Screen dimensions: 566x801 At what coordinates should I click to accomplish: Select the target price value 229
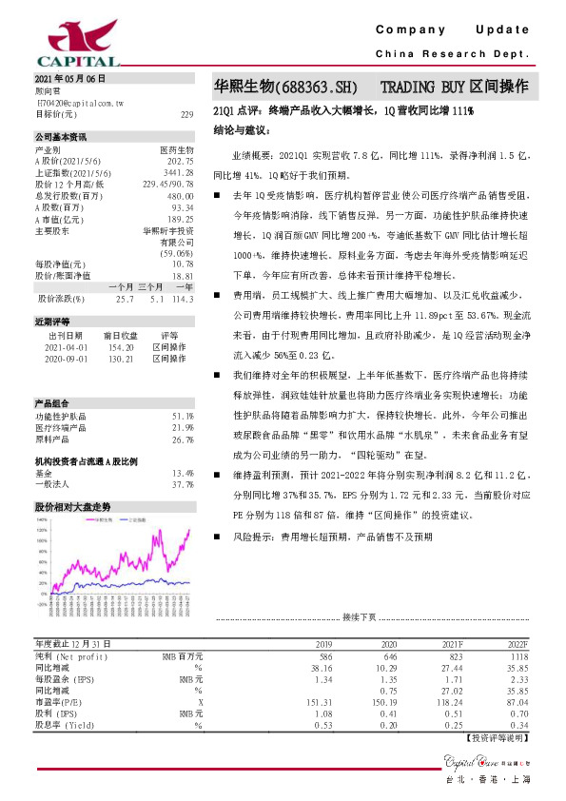(x=186, y=113)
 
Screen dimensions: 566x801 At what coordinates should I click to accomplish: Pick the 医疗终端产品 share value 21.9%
(x=184, y=428)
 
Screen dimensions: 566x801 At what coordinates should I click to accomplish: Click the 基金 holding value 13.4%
(x=184, y=473)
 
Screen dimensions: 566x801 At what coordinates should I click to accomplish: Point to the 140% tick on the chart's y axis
(x=43, y=520)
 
